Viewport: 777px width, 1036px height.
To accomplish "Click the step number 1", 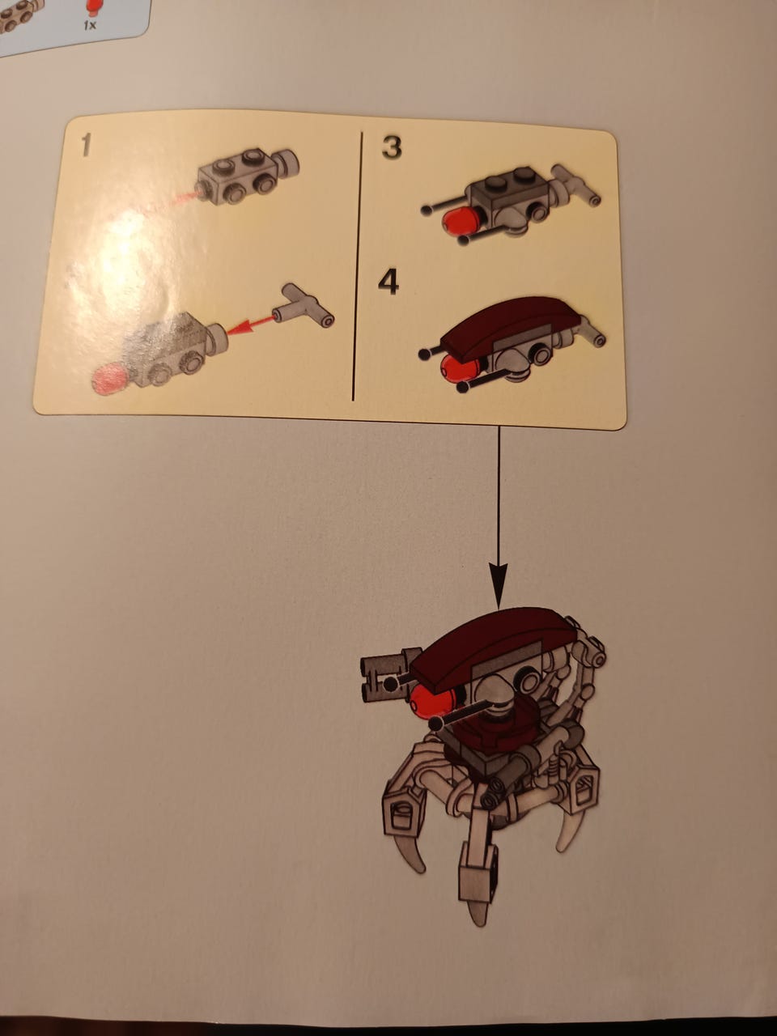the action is (86, 145).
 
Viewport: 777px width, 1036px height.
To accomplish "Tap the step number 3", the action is (392, 148).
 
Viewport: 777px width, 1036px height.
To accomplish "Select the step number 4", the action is (388, 283).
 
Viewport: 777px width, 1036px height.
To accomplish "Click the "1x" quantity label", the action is (90, 25).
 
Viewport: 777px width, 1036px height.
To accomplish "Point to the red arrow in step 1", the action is (250, 325).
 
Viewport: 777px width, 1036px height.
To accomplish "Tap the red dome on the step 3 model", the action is (460, 220).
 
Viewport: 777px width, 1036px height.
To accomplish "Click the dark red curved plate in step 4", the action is (512, 326).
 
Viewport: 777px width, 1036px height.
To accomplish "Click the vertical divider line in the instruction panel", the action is (357, 266).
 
